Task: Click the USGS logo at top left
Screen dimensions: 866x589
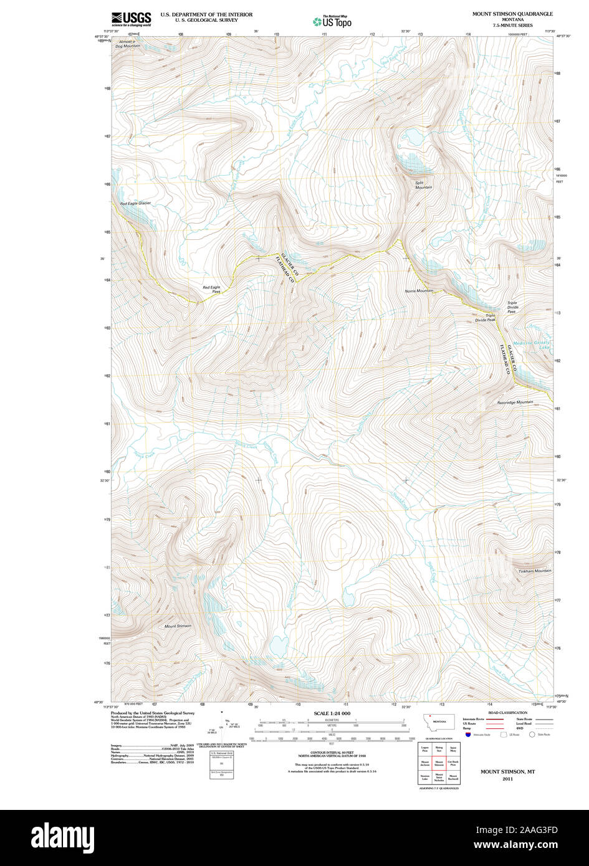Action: (x=131, y=19)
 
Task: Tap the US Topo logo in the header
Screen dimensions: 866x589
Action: (x=332, y=21)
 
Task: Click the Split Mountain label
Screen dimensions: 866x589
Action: (x=424, y=185)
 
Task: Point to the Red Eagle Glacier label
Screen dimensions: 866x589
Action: (x=135, y=203)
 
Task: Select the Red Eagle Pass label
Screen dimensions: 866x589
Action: (x=211, y=289)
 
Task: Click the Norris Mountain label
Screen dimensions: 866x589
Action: (x=419, y=291)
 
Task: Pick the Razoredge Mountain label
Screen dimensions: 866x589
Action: (x=515, y=402)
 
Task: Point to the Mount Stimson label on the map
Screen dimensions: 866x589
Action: (x=178, y=626)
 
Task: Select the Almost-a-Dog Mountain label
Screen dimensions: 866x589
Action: (x=130, y=44)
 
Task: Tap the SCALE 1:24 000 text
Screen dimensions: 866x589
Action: (x=332, y=713)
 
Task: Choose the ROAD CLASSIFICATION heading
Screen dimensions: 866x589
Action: (x=507, y=712)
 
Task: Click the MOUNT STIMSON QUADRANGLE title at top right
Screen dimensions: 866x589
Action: (x=512, y=14)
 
